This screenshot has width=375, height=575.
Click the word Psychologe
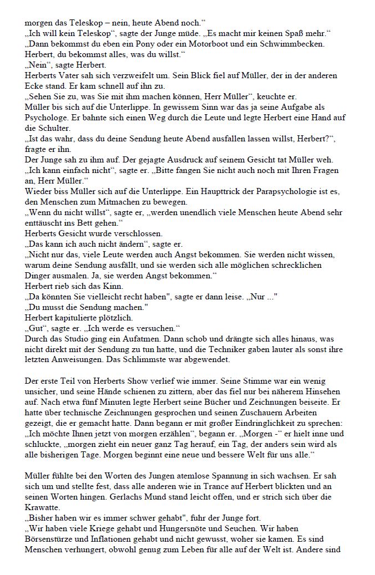[x=46, y=118]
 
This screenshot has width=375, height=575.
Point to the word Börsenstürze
[x=52, y=539]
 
